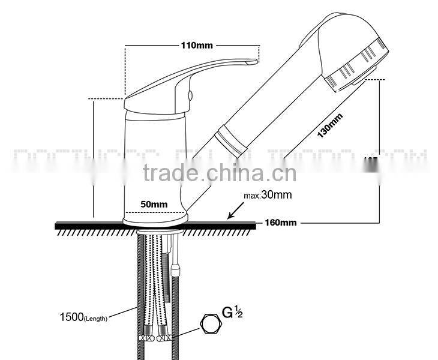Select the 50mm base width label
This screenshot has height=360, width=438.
[x=154, y=205]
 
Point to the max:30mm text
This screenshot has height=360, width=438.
[x=268, y=195]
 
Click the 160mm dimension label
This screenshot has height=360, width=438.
[x=281, y=223]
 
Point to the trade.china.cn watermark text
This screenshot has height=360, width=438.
[x=220, y=173]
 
